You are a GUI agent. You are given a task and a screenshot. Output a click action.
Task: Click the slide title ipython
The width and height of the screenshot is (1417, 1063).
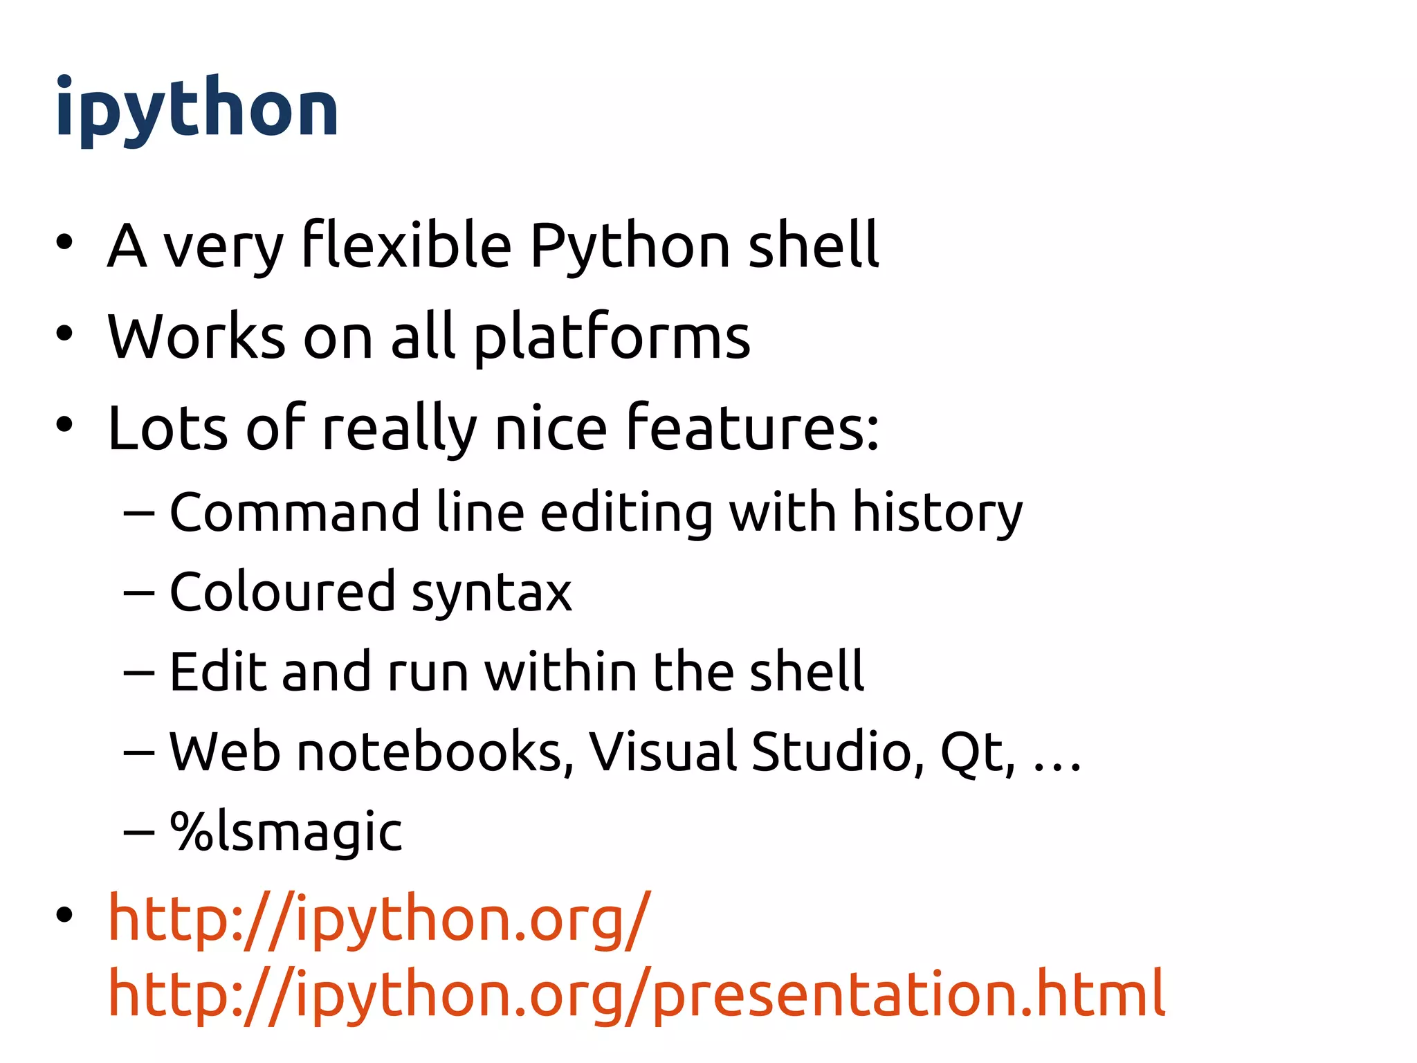pyautogui.click(x=197, y=109)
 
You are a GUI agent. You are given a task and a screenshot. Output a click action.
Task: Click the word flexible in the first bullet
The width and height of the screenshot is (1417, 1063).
pyautogui.click(x=407, y=245)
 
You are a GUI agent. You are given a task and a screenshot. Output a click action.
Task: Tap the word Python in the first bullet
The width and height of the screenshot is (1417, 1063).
pyautogui.click(x=630, y=246)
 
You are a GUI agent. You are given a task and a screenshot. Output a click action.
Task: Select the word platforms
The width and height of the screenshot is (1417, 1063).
pyautogui.click(x=612, y=338)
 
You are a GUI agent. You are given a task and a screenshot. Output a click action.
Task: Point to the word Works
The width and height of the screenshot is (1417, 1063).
pyautogui.click(x=196, y=338)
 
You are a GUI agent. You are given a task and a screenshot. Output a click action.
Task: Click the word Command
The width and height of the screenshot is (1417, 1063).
pyautogui.click(x=294, y=513)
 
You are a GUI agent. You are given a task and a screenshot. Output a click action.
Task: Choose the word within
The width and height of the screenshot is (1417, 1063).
pyautogui.click(x=560, y=672)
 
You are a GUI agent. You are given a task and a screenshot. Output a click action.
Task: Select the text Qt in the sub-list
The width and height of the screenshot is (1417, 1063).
pyautogui.click(x=976, y=753)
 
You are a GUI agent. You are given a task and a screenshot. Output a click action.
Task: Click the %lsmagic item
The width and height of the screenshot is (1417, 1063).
pyautogui.click(x=286, y=832)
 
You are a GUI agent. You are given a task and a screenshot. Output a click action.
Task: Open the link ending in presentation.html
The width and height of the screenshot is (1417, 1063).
pyautogui.click(x=637, y=995)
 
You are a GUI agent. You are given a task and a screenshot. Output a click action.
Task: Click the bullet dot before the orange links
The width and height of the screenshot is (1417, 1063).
pyautogui.click(x=64, y=915)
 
